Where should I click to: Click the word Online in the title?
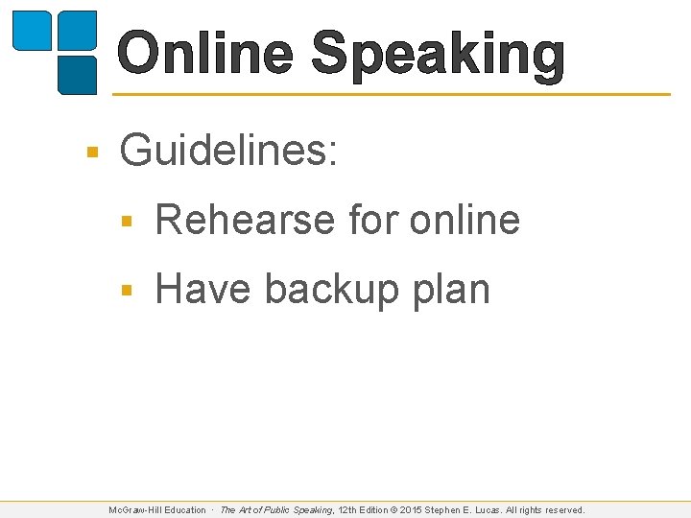pos(205,54)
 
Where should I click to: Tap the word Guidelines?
pos(228,151)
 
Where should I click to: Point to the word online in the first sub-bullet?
pos(465,221)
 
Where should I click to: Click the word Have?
pos(203,290)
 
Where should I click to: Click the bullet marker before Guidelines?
pos(92,152)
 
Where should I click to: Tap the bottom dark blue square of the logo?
pos(78,75)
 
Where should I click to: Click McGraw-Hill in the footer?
pos(135,510)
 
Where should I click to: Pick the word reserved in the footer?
pos(561,510)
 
